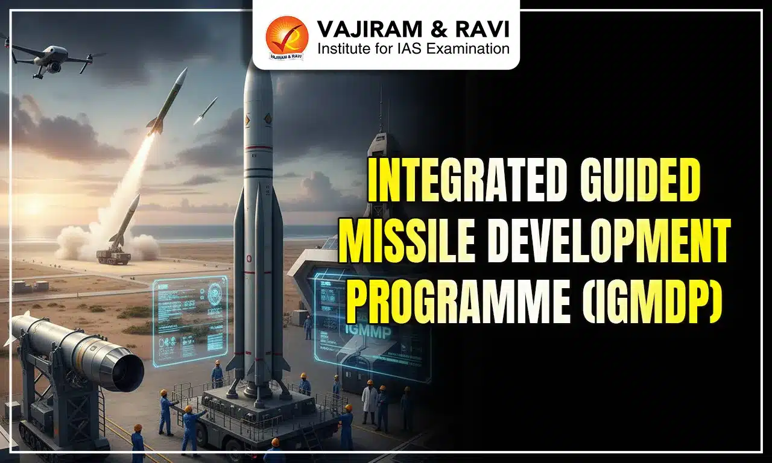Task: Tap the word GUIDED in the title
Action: click(x=642, y=180)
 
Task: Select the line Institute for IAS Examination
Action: click(x=414, y=48)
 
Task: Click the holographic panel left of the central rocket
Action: click(x=189, y=319)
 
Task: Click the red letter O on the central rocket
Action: click(x=248, y=259)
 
